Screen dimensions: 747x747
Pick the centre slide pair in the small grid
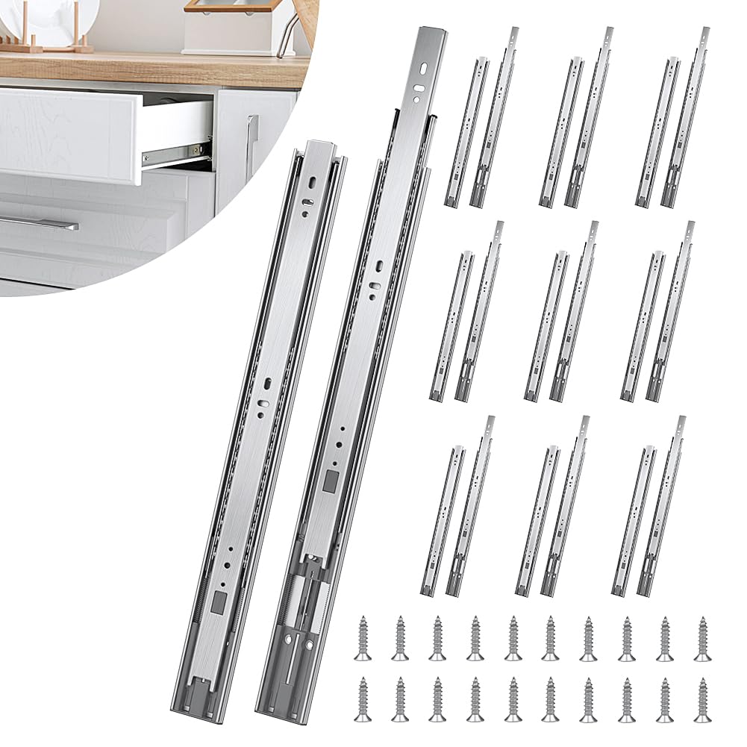tap(562, 313)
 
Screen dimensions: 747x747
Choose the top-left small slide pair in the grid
tap(482, 119)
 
